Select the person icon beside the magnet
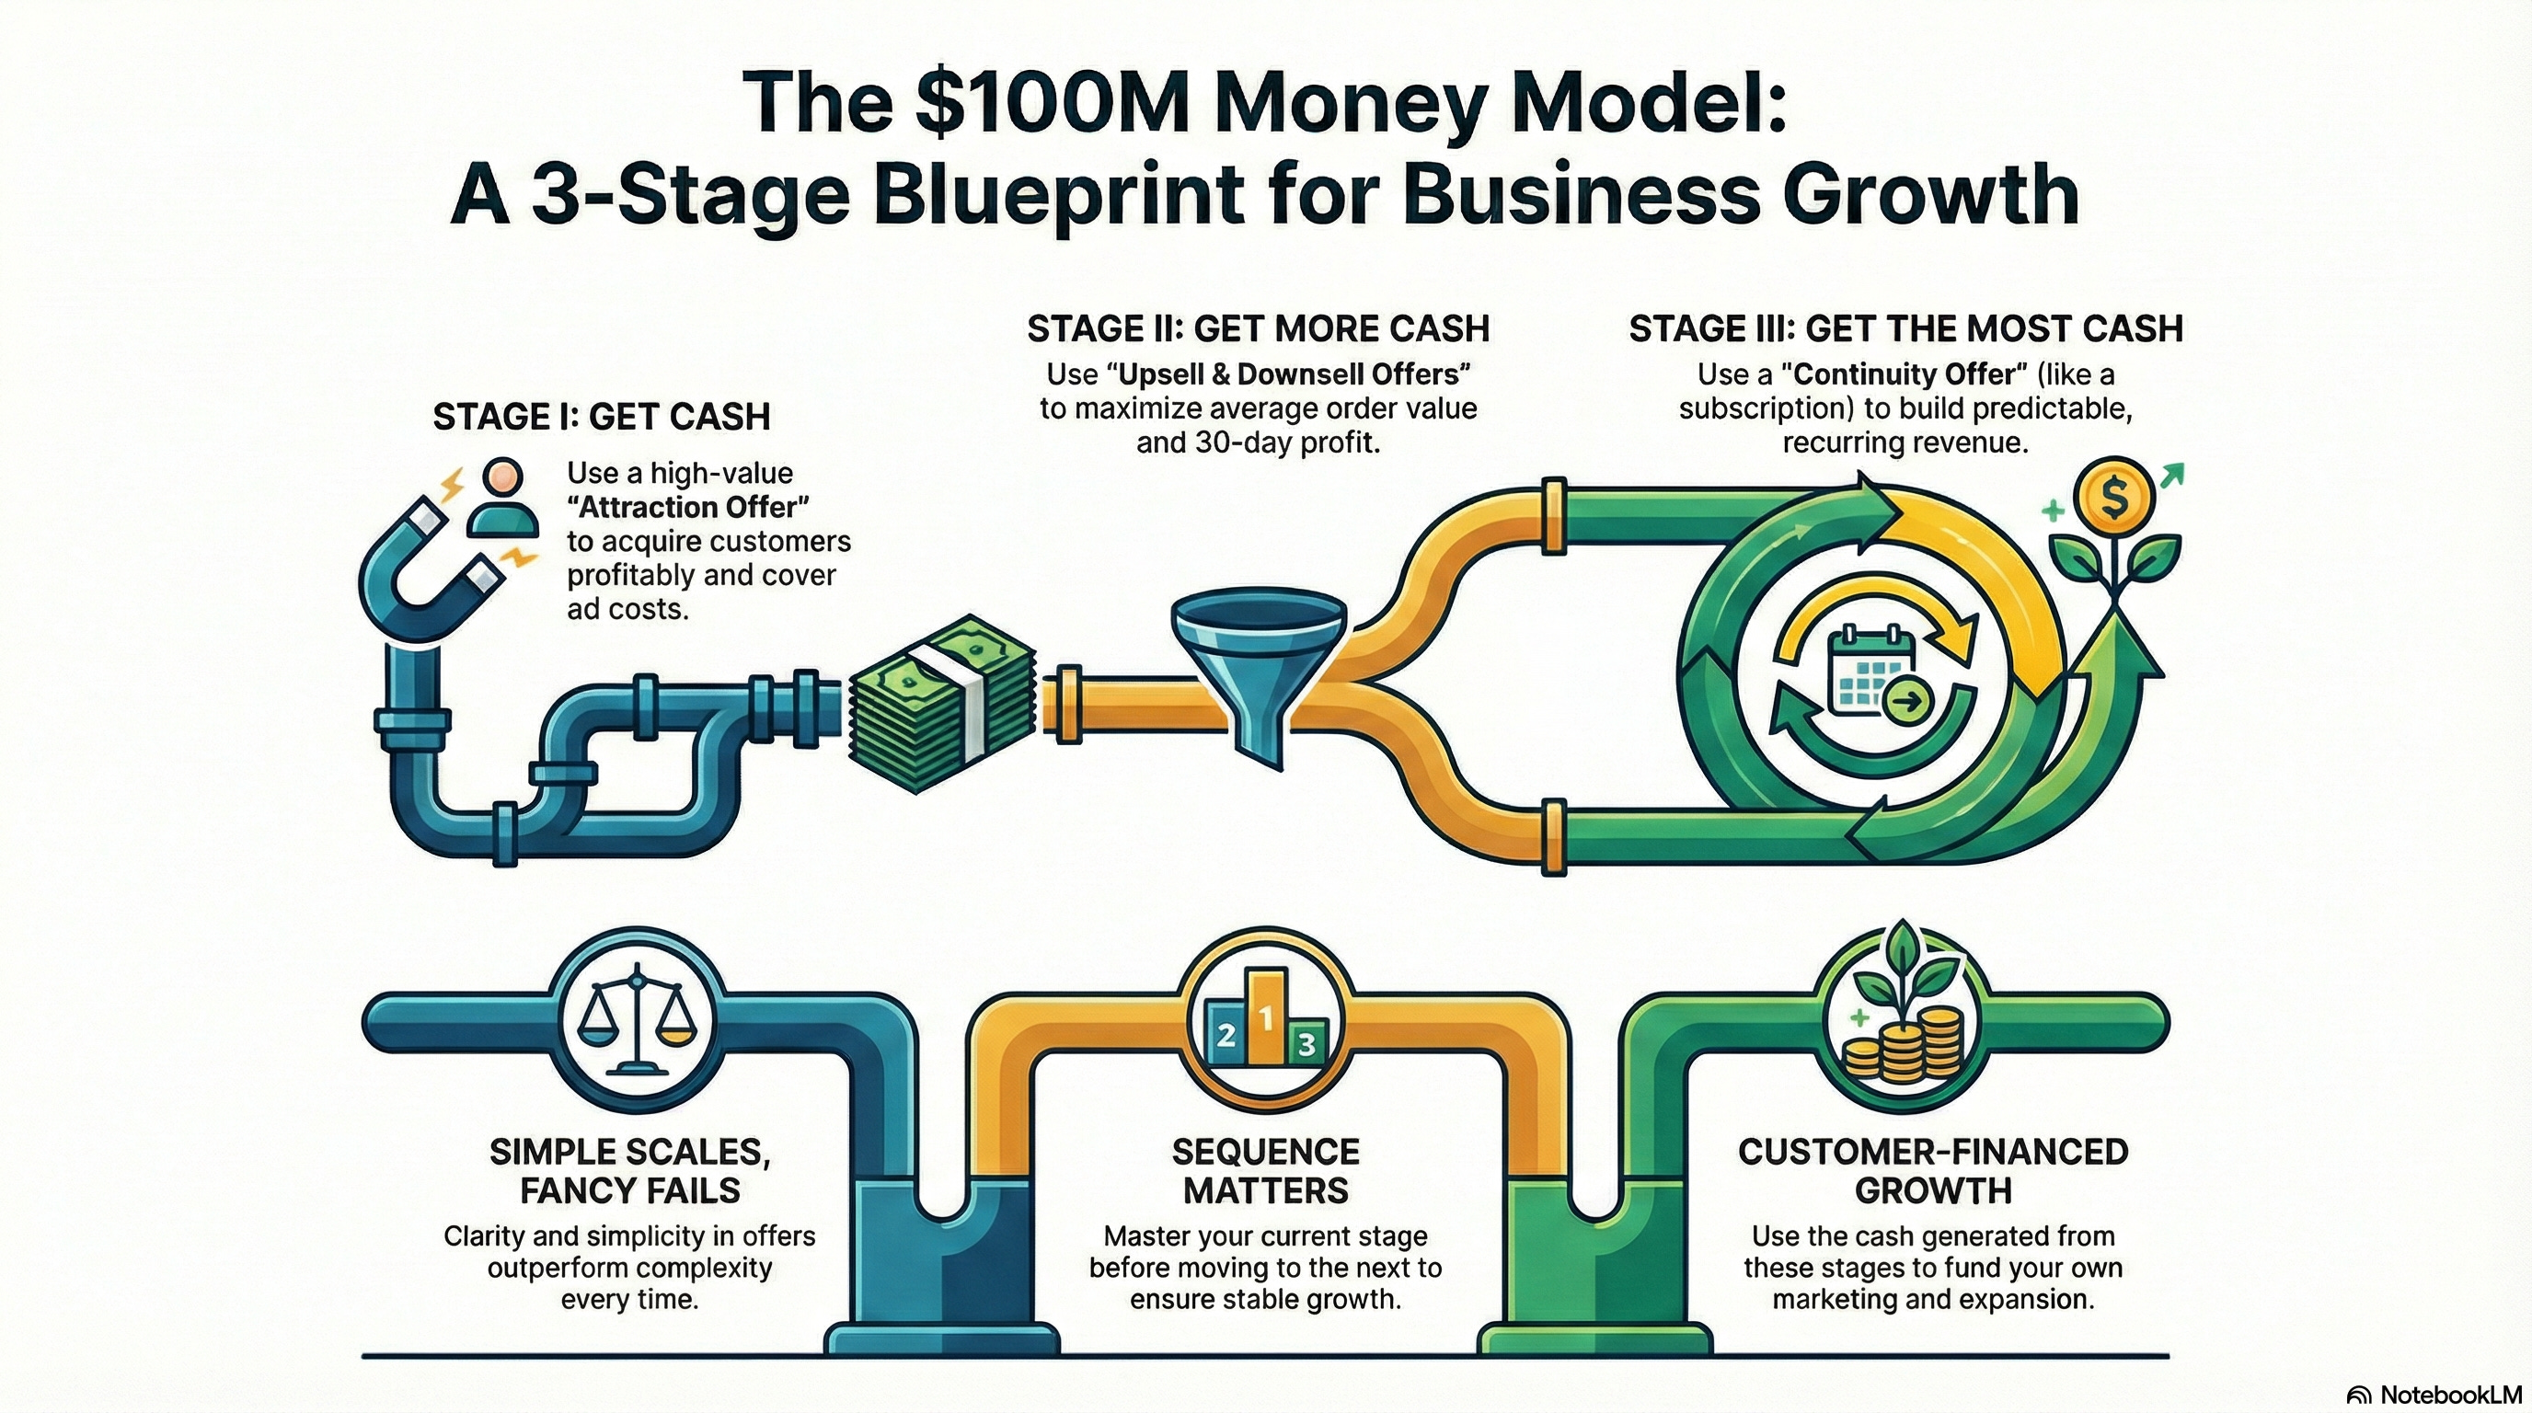pyautogui.click(x=503, y=500)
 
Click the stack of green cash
pyautogui.click(x=941, y=707)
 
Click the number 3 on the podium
pyautogui.click(x=1306, y=1043)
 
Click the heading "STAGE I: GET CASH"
pyautogui.click(x=602, y=417)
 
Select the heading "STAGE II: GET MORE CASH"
pyautogui.click(x=1258, y=328)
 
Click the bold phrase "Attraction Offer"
pyautogui.click(x=694, y=507)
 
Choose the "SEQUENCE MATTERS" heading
pyautogui.click(x=1266, y=1170)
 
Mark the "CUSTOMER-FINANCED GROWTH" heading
pyautogui.click(x=1932, y=1170)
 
